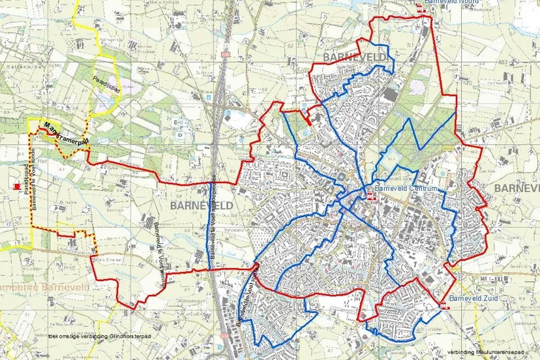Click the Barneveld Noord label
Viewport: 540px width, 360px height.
pyautogui.click(x=451, y=3)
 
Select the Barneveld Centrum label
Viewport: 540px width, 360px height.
pyautogui.click(x=404, y=190)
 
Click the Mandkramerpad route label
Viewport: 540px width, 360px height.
pyautogui.click(x=65, y=134)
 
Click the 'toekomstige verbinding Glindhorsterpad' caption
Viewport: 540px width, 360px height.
pyautogui.click(x=99, y=337)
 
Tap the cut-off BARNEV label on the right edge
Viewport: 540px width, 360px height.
pyautogui.click(x=517, y=188)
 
